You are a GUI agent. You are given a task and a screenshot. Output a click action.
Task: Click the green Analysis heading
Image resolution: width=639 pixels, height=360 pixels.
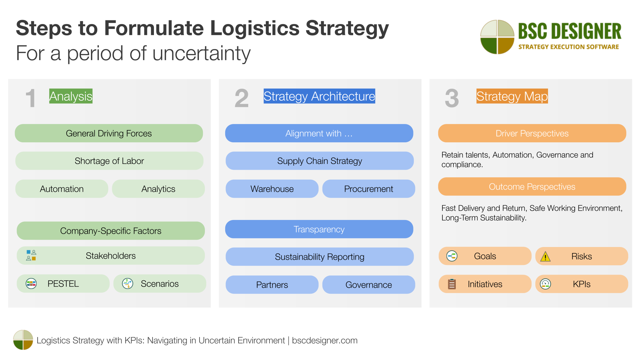click(71, 96)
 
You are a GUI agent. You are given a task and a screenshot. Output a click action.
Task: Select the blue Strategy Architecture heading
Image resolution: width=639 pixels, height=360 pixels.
click(319, 96)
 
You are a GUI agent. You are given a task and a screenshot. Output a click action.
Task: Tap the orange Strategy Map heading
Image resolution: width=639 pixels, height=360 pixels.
click(512, 96)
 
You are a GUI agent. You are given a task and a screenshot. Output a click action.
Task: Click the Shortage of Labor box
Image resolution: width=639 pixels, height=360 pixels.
click(109, 161)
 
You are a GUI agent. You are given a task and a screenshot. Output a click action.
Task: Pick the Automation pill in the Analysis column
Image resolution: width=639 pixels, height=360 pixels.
click(62, 189)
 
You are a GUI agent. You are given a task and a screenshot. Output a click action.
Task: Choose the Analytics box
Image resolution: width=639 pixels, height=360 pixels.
click(158, 189)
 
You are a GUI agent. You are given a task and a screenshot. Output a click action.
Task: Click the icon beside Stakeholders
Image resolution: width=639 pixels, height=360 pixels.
click(31, 255)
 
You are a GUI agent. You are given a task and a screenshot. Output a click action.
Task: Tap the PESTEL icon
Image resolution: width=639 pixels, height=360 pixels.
click(31, 284)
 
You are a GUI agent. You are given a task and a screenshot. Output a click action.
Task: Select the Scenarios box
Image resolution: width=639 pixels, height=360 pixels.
click(160, 284)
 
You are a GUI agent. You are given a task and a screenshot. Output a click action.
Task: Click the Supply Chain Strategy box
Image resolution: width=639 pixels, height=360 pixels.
click(319, 161)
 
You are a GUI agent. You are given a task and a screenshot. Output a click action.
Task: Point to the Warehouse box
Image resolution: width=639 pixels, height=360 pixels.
click(272, 189)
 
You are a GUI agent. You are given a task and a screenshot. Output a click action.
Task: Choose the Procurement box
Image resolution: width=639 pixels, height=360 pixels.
click(368, 189)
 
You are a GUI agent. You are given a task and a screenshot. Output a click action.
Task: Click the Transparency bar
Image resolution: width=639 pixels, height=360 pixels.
click(319, 229)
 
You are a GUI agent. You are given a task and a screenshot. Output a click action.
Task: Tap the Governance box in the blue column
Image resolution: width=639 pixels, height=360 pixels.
click(368, 285)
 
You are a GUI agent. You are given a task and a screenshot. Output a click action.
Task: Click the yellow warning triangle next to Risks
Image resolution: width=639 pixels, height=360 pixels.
click(545, 256)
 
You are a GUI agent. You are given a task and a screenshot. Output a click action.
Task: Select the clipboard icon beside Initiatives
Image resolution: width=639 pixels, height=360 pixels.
click(452, 284)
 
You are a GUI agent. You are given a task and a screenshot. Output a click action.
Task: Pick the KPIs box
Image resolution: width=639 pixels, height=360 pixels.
click(581, 284)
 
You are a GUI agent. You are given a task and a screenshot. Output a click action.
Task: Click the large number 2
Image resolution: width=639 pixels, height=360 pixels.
click(242, 98)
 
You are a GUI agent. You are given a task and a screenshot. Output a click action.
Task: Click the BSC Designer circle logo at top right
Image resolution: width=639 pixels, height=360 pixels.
click(497, 37)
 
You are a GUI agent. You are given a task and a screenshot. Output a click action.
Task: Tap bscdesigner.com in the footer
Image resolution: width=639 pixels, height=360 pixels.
click(324, 340)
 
